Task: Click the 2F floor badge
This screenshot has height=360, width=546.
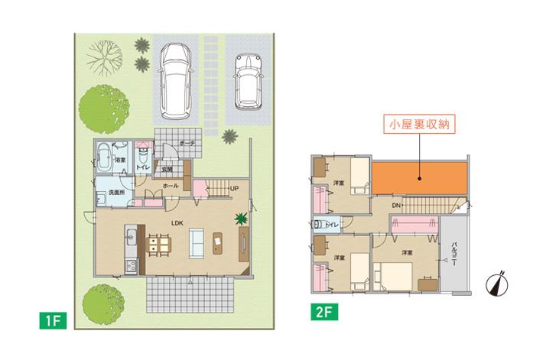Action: click(321, 312)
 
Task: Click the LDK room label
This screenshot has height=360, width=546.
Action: click(177, 223)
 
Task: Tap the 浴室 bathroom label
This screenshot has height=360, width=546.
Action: click(121, 161)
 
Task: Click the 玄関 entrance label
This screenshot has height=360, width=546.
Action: click(166, 169)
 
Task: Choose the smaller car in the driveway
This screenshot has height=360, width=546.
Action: click(247, 81)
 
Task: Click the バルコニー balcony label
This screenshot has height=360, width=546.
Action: click(455, 252)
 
